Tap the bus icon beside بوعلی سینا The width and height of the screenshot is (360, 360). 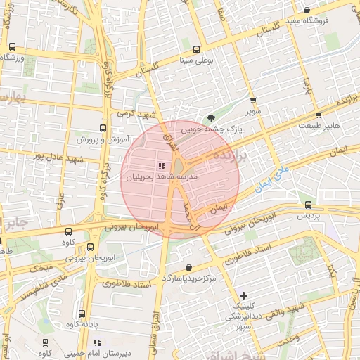point(195,50)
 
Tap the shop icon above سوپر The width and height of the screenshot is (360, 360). point(253,101)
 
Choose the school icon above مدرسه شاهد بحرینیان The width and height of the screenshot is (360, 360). point(153,165)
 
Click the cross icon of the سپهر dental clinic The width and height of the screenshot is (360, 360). point(243,295)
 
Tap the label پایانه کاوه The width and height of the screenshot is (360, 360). point(82,326)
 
